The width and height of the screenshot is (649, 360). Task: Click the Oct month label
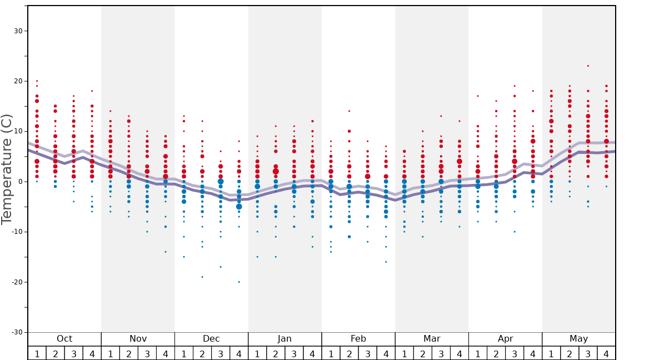point(64,339)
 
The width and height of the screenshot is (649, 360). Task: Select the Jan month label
point(284,339)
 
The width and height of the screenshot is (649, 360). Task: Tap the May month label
point(578,339)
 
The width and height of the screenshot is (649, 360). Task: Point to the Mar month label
point(432,339)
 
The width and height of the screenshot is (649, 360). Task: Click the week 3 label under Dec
point(221,353)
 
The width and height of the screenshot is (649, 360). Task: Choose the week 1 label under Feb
point(331,353)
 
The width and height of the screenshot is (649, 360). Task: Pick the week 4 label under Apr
point(533,353)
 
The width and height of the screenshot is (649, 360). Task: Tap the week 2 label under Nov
point(129,353)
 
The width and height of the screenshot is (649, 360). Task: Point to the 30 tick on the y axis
point(18,31)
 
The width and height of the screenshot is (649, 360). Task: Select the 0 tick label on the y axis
point(20,182)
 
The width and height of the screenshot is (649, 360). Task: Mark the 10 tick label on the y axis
point(18,132)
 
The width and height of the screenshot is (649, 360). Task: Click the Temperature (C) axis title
point(7,169)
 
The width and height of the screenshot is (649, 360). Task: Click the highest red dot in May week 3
point(588,66)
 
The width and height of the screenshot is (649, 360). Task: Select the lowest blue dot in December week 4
point(239,282)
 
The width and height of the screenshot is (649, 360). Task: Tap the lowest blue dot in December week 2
point(202,277)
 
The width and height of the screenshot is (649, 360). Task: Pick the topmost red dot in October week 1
point(37,81)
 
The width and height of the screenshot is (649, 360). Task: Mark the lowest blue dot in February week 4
point(386,262)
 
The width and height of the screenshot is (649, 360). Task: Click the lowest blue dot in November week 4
point(166,252)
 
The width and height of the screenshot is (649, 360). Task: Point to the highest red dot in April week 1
point(477,96)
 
